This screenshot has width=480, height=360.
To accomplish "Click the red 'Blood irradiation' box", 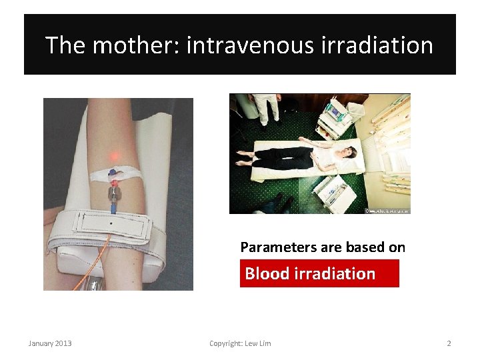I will tap(319, 273).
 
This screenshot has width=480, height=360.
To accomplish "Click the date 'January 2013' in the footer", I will tap(50, 343).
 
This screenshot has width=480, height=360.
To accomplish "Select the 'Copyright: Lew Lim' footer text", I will tap(240, 343).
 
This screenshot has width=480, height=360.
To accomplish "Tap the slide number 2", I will tap(449, 343).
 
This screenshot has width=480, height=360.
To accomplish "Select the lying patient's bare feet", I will tap(243, 157).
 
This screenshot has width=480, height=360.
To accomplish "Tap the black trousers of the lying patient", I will tap(283, 158).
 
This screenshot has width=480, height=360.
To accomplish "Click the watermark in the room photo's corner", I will tap(387, 210).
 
